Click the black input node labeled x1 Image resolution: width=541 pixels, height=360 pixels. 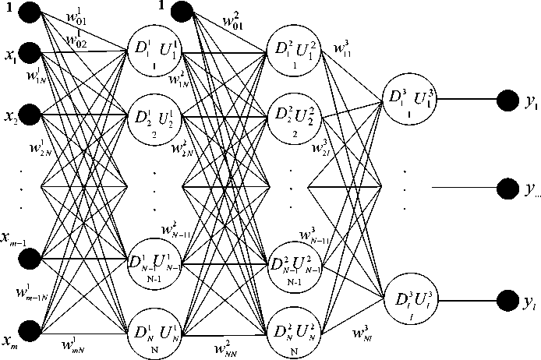coord(32,54)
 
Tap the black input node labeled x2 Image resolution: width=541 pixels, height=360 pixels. coord(32,116)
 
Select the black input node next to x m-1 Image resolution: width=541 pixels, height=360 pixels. coord(32,258)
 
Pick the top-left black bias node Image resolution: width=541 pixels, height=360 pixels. coord(32,12)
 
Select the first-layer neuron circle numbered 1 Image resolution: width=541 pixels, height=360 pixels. coord(153,54)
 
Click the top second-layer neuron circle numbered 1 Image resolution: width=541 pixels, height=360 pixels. coord(290,54)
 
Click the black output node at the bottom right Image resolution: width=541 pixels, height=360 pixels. coord(510,300)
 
